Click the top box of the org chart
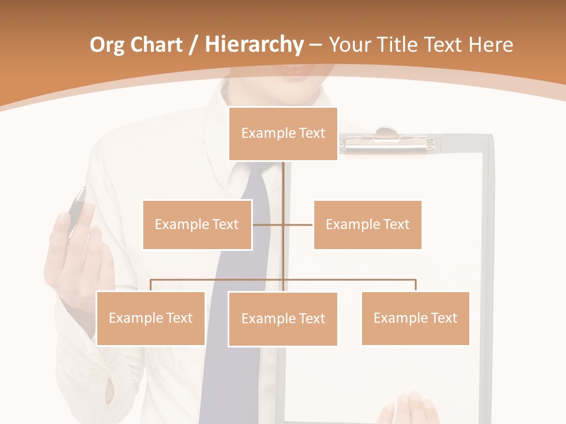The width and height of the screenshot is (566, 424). [283, 134]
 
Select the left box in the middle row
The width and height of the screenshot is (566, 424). [197, 224]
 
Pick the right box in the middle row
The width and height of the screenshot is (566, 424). [367, 224]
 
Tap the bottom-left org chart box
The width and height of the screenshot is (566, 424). [150, 318]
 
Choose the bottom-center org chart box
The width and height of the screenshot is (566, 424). [283, 319]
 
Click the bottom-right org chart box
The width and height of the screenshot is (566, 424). [415, 318]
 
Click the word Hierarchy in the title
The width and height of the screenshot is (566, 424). [254, 45]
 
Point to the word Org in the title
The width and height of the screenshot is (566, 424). [107, 45]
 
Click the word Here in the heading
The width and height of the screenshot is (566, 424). [491, 45]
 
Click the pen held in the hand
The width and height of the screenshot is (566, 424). [77, 209]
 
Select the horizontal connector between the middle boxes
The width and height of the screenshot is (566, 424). [283, 224]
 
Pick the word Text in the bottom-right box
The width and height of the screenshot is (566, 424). [444, 318]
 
